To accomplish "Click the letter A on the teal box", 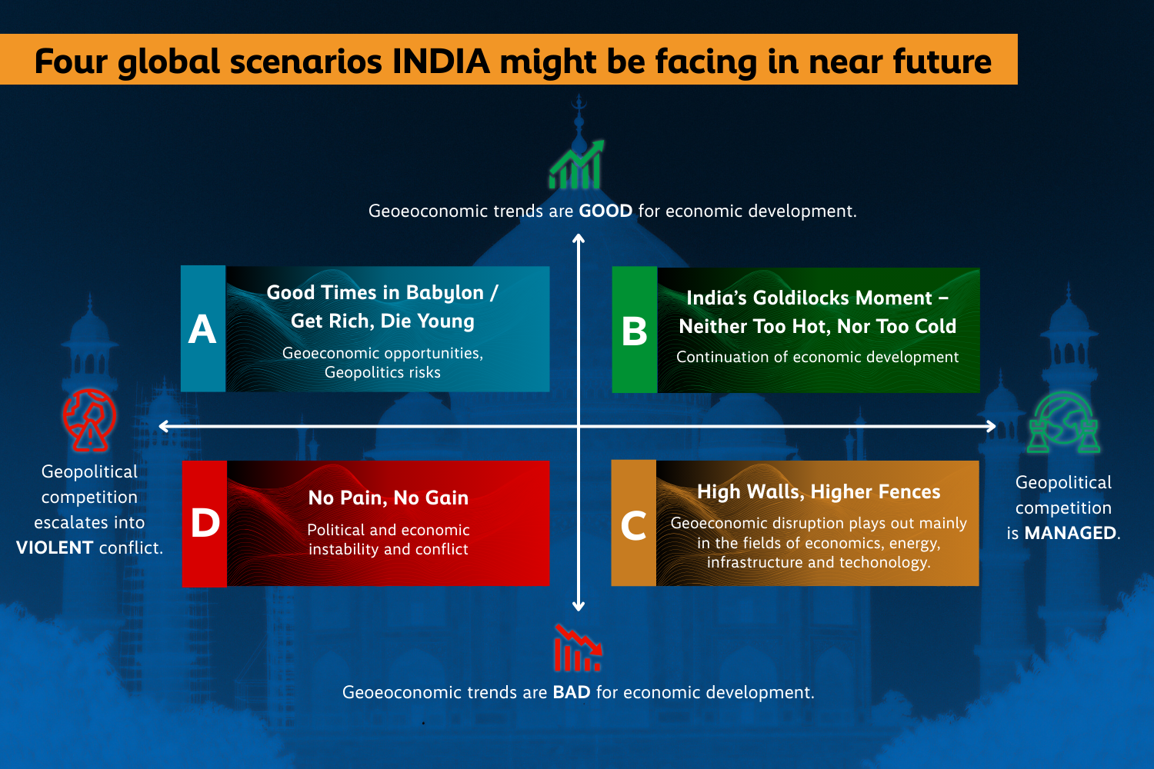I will [202, 329].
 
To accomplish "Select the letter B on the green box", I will [635, 331].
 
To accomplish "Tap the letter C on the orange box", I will [633, 525].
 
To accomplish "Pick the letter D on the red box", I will [205, 524].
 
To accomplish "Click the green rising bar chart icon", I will [576, 165].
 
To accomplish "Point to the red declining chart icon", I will [577, 648].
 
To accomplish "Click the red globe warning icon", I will [89, 420].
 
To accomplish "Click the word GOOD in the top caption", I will [605, 211].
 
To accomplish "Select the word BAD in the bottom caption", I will [572, 692].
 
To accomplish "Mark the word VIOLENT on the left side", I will [55, 548].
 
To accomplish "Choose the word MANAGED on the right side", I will [1070, 533].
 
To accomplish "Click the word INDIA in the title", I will [441, 62].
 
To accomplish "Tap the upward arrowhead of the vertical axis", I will [579, 239].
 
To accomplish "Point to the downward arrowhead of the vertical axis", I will [579, 607].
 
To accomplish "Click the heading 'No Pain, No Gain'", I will [389, 498].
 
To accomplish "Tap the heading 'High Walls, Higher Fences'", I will [819, 491].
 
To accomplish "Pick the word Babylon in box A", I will [445, 293].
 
